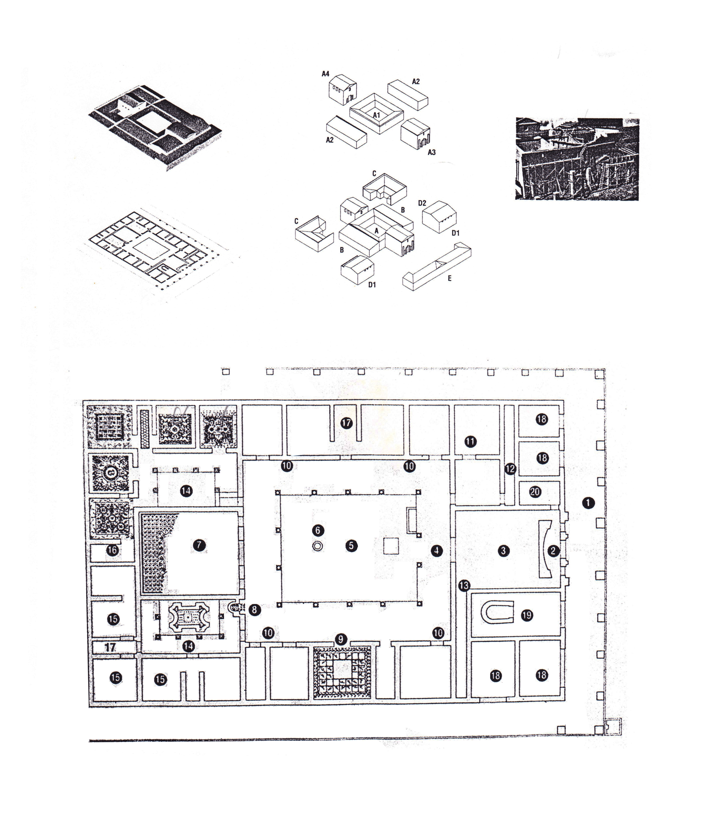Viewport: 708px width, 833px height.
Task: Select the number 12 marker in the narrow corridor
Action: [x=510, y=469]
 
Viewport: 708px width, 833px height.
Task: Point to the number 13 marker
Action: [x=464, y=585]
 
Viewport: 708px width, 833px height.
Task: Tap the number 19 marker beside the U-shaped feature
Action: [x=527, y=615]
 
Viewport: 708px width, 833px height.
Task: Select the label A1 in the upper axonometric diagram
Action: [x=376, y=115]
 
